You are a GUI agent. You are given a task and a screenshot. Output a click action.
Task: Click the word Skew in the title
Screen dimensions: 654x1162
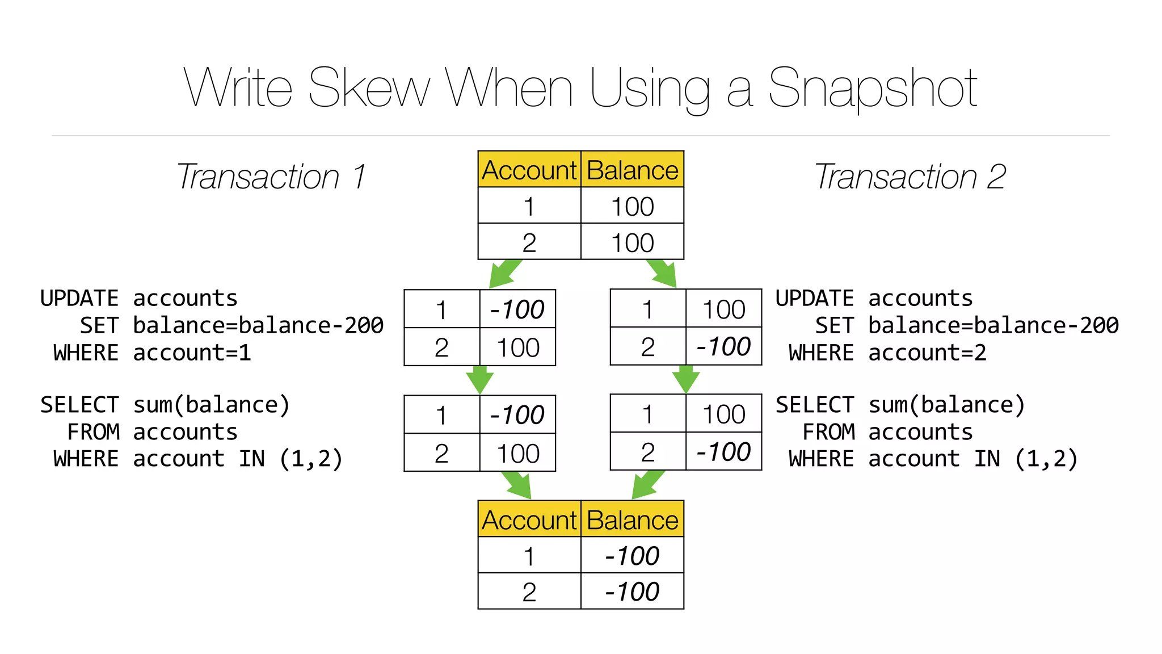[369, 88]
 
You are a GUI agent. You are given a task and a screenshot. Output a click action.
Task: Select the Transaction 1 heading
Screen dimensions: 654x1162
[271, 177]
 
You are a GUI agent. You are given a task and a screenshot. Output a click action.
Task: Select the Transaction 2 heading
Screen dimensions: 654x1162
[910, 177]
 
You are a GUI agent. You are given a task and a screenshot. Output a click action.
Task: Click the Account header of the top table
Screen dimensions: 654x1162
[529, 170]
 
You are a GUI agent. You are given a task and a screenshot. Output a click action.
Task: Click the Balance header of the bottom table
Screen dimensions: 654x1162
[632, 520]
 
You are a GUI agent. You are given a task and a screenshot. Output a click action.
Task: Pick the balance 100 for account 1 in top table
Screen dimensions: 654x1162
[632, 207]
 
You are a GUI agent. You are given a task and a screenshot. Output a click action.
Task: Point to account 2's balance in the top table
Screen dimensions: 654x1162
[632, 243]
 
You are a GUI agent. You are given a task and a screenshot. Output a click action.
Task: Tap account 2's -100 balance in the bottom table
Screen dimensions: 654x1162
[632, 592]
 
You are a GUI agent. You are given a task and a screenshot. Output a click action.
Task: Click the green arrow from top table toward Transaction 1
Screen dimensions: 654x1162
[504, 274]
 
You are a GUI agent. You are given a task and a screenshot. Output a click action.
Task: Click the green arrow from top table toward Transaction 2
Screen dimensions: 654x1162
[663, 274]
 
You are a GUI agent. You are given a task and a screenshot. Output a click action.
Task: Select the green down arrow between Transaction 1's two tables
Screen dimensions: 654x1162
[479, 379]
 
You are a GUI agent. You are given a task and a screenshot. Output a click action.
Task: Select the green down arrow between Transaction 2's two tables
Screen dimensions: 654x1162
[685, 379]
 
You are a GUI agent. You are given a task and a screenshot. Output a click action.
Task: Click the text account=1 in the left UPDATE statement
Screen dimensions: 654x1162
[192, 353]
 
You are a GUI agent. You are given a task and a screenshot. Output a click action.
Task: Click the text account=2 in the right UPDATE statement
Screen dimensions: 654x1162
[927, 353]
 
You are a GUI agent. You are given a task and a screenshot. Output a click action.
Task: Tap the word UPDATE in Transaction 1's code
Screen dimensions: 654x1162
[79, 299]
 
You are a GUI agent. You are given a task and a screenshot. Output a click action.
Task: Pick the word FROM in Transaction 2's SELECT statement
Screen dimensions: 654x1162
[828, 432]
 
